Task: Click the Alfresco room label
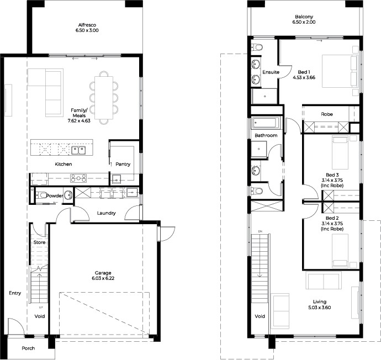coord(87,25)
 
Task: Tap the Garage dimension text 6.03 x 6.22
coord(103,278)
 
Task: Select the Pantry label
coord(123,164)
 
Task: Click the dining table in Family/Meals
coord(104,98)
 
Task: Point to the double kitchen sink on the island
coord(78,150)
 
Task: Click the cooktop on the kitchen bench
coord(78,178)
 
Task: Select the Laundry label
coord(106,213)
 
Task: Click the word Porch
coord(28,348)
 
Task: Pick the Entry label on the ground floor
coord(15,293)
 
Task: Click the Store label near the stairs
coord(39,242)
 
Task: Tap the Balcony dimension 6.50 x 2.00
coord(304,22)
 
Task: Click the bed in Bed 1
coord(340,71)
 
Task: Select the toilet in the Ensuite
coord(257,47)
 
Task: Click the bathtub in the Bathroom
coord(264,123)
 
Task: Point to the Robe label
coord(327,114)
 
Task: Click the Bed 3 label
coord(332,174)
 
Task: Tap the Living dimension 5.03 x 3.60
coord(320,308)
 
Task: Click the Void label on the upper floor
coord(260,316)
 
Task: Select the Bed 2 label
coord(332,218)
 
